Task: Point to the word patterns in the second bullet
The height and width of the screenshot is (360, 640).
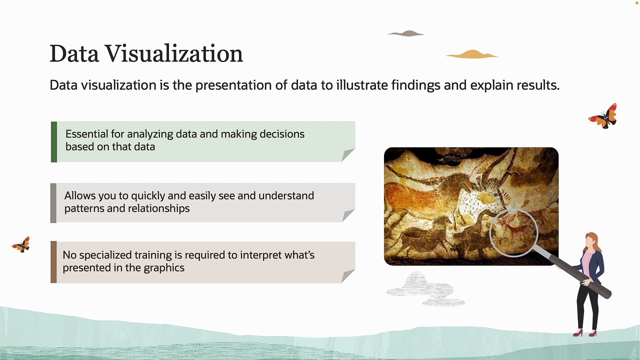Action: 84,208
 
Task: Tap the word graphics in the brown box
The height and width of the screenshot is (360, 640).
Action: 164,267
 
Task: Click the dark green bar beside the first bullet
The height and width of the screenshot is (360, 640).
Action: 54,141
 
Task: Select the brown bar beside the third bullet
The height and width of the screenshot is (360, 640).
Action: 53,262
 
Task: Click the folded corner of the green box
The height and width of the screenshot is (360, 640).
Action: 348,155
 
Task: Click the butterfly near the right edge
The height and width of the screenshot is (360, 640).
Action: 603,116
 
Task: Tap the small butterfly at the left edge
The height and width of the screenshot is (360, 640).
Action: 21,244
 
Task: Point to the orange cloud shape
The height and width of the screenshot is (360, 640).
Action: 471,54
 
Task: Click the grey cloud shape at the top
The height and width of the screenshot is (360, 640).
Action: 406,33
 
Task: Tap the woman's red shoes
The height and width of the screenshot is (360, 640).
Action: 584,332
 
